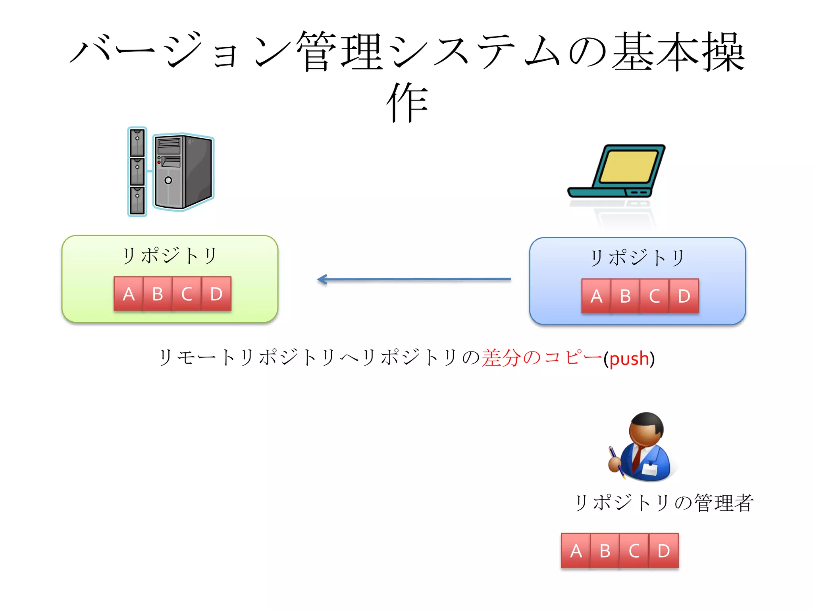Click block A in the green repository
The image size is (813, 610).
click(x=128, y=294)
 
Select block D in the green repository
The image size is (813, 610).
click(x=216, y=294)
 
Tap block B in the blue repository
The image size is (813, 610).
click(x=625, y=296)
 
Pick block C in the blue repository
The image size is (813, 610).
click(x=655, y=296)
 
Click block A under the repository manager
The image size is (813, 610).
click(x=576, y=551)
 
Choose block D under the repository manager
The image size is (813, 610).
click(x=664, y=551)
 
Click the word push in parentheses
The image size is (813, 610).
click(x=629, y=359)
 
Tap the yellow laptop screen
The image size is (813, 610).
click(x=628, y=167)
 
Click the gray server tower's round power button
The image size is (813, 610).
click(x=168, y=180)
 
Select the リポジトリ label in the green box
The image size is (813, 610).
click(x=170, y=256)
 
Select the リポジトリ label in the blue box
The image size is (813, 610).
click(x=637, y=258)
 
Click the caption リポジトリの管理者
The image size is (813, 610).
click(x=664, y=503)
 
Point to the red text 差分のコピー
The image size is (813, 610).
click(x=542, y=358)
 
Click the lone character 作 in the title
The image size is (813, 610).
click(x=407, y=102)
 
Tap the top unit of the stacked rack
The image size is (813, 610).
click(x=137, y=142)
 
